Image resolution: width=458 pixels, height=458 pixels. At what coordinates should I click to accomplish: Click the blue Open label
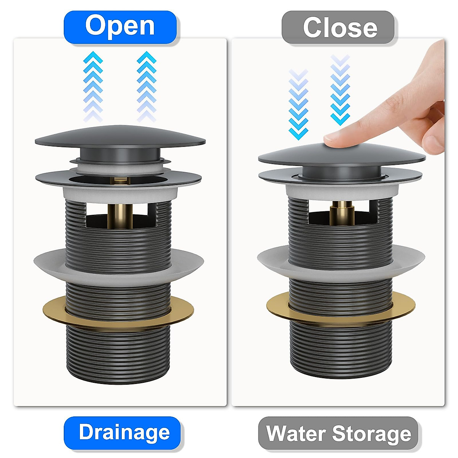(120, 26)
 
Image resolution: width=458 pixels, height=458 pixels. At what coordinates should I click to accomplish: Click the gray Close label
(338, 27)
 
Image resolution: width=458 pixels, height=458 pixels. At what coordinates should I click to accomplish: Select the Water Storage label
(338, 433)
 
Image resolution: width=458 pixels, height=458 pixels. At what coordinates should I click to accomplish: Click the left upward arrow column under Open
(93, 86)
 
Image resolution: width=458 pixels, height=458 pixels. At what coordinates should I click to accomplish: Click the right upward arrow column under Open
(147, 86)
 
